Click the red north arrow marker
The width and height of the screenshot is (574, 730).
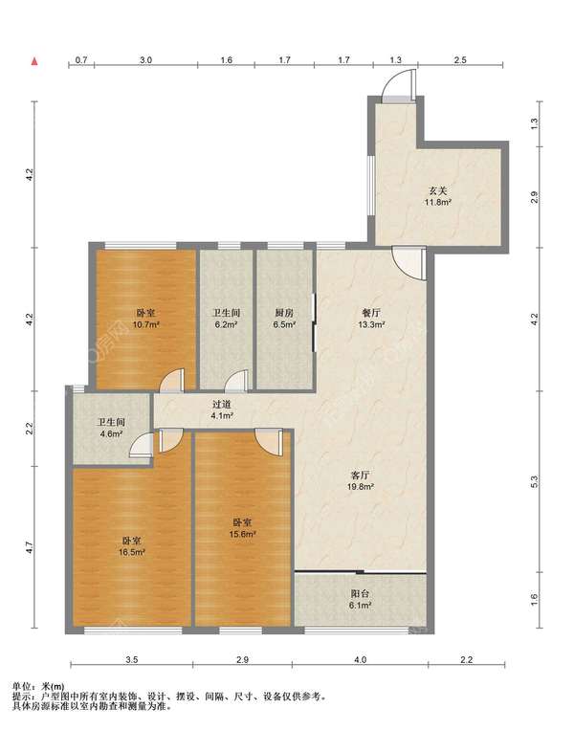point(34,61)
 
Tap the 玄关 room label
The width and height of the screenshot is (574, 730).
point(437,191)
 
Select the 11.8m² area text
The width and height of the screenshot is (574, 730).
point(437,203)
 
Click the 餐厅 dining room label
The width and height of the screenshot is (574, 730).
point(371,313)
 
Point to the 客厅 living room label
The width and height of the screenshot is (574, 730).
point(360,476)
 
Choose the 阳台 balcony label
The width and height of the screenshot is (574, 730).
point(360,594)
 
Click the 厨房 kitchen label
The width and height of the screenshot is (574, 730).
point(284,313)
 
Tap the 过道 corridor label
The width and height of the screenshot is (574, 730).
point(222,405)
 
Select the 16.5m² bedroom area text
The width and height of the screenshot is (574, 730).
point(132,553)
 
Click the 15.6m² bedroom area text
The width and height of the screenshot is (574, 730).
point(243,535)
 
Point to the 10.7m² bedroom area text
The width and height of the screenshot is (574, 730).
point(146,325)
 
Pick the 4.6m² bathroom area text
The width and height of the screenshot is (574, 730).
point(111,434)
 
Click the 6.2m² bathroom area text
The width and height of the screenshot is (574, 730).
point(226,325)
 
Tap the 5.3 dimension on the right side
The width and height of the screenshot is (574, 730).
point(535,481)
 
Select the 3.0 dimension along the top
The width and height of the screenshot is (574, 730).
point(145,60)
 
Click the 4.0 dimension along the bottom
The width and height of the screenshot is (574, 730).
point(361,660)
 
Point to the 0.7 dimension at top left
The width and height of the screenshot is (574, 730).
point(81,60)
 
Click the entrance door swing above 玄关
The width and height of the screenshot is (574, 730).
point(399,85)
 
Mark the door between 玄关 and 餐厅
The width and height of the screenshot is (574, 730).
point(409,263)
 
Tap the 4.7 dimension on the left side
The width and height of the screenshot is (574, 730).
point(29,547)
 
